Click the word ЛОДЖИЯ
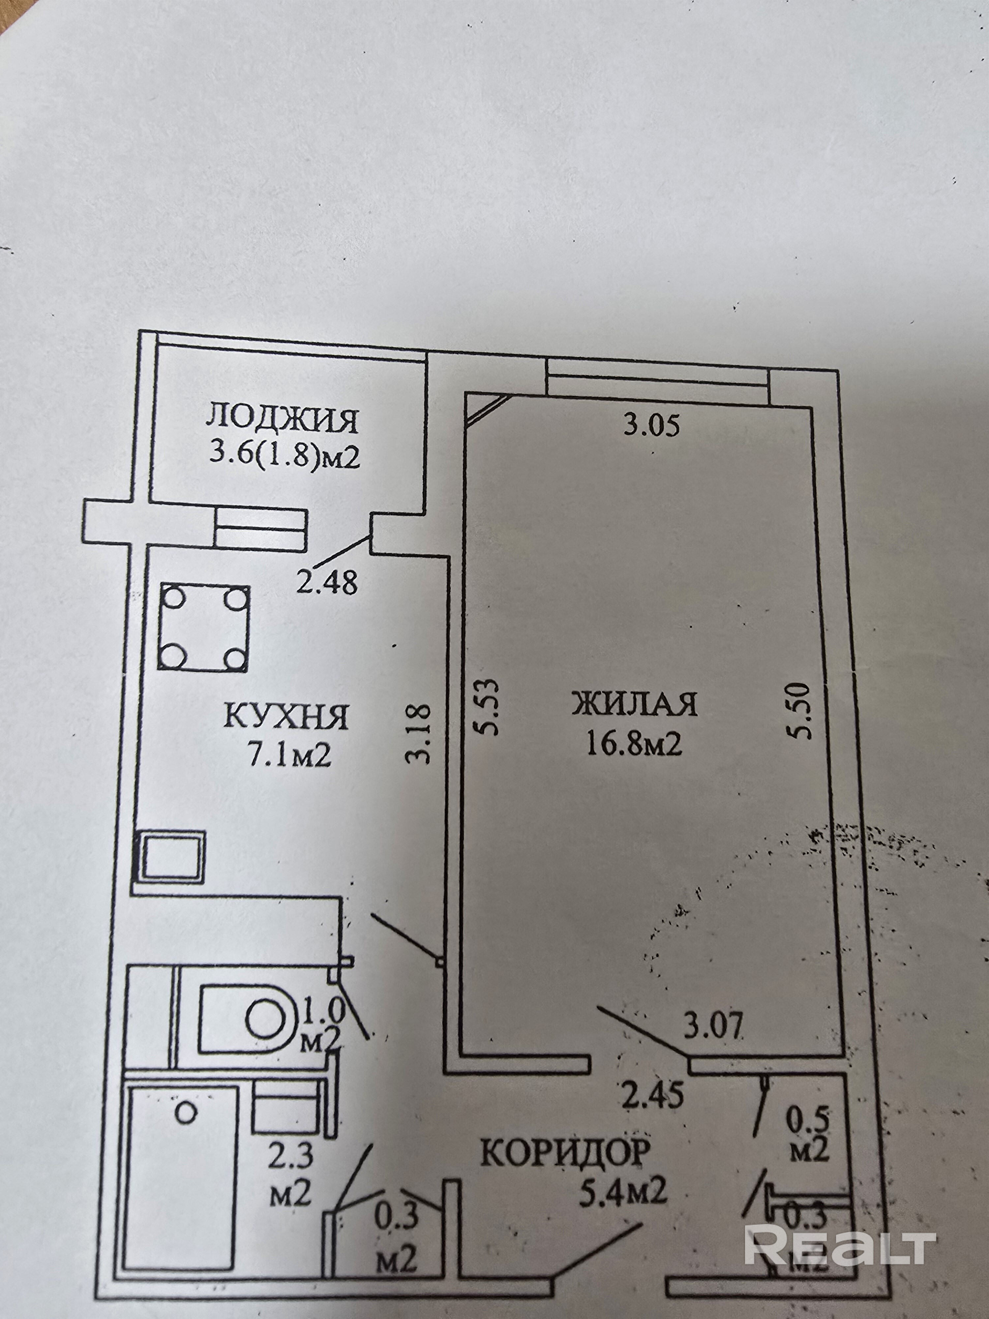click(x=283, y=420)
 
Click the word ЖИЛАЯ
click(x=635, y=704)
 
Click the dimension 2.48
click(x=327, y=582)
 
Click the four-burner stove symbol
click(x=204, y=628)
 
